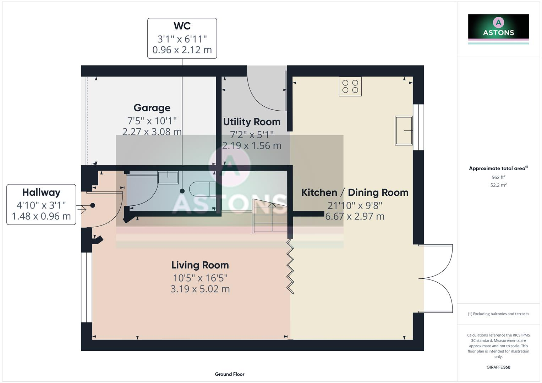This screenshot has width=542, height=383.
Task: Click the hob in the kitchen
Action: [350, 86]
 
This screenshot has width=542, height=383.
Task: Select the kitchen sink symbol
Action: [404, 131]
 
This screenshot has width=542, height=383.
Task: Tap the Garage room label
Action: [152, 108]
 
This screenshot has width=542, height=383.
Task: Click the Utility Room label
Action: [252, 122]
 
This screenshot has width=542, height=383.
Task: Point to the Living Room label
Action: [200, 265]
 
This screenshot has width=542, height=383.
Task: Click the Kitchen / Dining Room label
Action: [355, 193]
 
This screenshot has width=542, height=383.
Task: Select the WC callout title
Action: [182, 26]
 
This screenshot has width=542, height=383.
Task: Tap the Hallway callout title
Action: [41, 193]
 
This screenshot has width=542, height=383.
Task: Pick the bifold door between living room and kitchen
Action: [290, 266]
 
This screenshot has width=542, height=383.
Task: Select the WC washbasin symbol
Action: [168, 177]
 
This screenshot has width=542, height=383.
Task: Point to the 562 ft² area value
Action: [498, 177]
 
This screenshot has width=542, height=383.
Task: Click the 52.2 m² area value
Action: [498, 185]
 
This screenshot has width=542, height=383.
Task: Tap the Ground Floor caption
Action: [229, 374]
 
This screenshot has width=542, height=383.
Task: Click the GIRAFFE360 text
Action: [498, 367]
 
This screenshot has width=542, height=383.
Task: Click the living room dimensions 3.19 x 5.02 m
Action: [200, 289]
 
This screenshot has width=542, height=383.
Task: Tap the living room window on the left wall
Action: [86, 287]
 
